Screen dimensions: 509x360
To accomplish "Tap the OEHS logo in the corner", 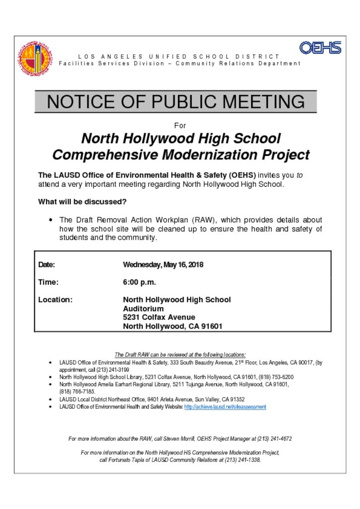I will (x=320, y=48).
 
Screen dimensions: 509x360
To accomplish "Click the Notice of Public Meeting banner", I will (x=176, y=102).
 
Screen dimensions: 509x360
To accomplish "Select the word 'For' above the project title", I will (x=180, y=126).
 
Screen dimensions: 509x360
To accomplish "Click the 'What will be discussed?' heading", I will (x=82, y=202).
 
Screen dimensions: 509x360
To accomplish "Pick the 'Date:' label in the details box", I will (x=47, y=264).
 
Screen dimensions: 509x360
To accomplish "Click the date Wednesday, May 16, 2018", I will (x=163, y=264).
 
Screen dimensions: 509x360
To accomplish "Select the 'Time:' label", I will (x=48, y=282).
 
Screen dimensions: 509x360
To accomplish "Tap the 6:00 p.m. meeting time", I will (x=139, y=282).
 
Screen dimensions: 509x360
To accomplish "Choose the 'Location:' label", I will (x=55, y=300).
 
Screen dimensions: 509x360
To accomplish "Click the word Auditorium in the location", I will (x=143, y=309).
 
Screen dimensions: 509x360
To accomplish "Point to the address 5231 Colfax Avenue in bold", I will (x=159, y=317).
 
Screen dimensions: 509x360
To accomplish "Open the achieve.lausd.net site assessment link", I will (x=225, y=407).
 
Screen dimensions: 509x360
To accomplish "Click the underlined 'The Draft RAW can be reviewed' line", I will (x=180, y=355).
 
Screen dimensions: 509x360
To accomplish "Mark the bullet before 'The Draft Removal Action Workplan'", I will (x=51, y=220).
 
